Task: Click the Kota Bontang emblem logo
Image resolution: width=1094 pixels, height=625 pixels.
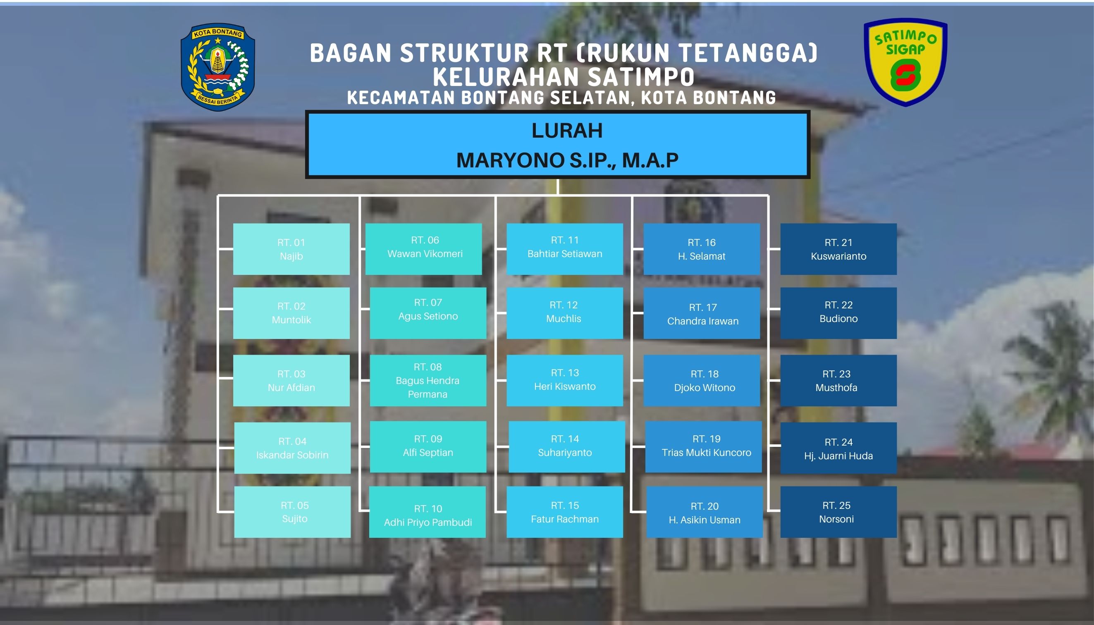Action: coord(217,67)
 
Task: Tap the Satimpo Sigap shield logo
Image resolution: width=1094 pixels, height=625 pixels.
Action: coord(905,62)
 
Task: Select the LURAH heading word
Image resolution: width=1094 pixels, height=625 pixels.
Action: coord(567,131)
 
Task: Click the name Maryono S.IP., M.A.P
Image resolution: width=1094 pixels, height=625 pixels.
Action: coord(567,160)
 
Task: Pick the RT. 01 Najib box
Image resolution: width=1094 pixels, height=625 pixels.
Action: coord(291,249)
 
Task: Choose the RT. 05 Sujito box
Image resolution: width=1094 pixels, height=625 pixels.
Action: coord(292,512)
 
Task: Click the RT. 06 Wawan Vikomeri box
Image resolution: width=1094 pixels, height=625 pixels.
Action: coord(423,249)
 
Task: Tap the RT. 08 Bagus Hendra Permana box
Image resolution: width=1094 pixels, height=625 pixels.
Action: coord(428,380)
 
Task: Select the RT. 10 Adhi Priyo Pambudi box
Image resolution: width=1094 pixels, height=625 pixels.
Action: coord(428,512)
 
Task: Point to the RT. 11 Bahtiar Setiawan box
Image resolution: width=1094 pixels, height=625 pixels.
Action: coord(565,249)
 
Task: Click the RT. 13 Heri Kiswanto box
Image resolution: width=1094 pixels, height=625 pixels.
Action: coord(565,380)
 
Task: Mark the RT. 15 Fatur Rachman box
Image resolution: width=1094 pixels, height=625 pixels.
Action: coord(565,512)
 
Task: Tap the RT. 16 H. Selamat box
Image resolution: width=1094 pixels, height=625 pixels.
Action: coord(702,249)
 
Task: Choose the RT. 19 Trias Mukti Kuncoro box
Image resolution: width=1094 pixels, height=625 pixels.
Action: coord(703,447)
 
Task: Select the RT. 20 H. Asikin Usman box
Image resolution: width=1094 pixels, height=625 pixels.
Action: coord(705,512)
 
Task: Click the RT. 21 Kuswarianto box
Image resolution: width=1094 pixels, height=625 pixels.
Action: coord(838,249)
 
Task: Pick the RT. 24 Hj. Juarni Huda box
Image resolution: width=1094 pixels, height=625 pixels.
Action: coord(838,448)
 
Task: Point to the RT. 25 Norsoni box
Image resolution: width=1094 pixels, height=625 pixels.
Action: coord(838,512)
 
